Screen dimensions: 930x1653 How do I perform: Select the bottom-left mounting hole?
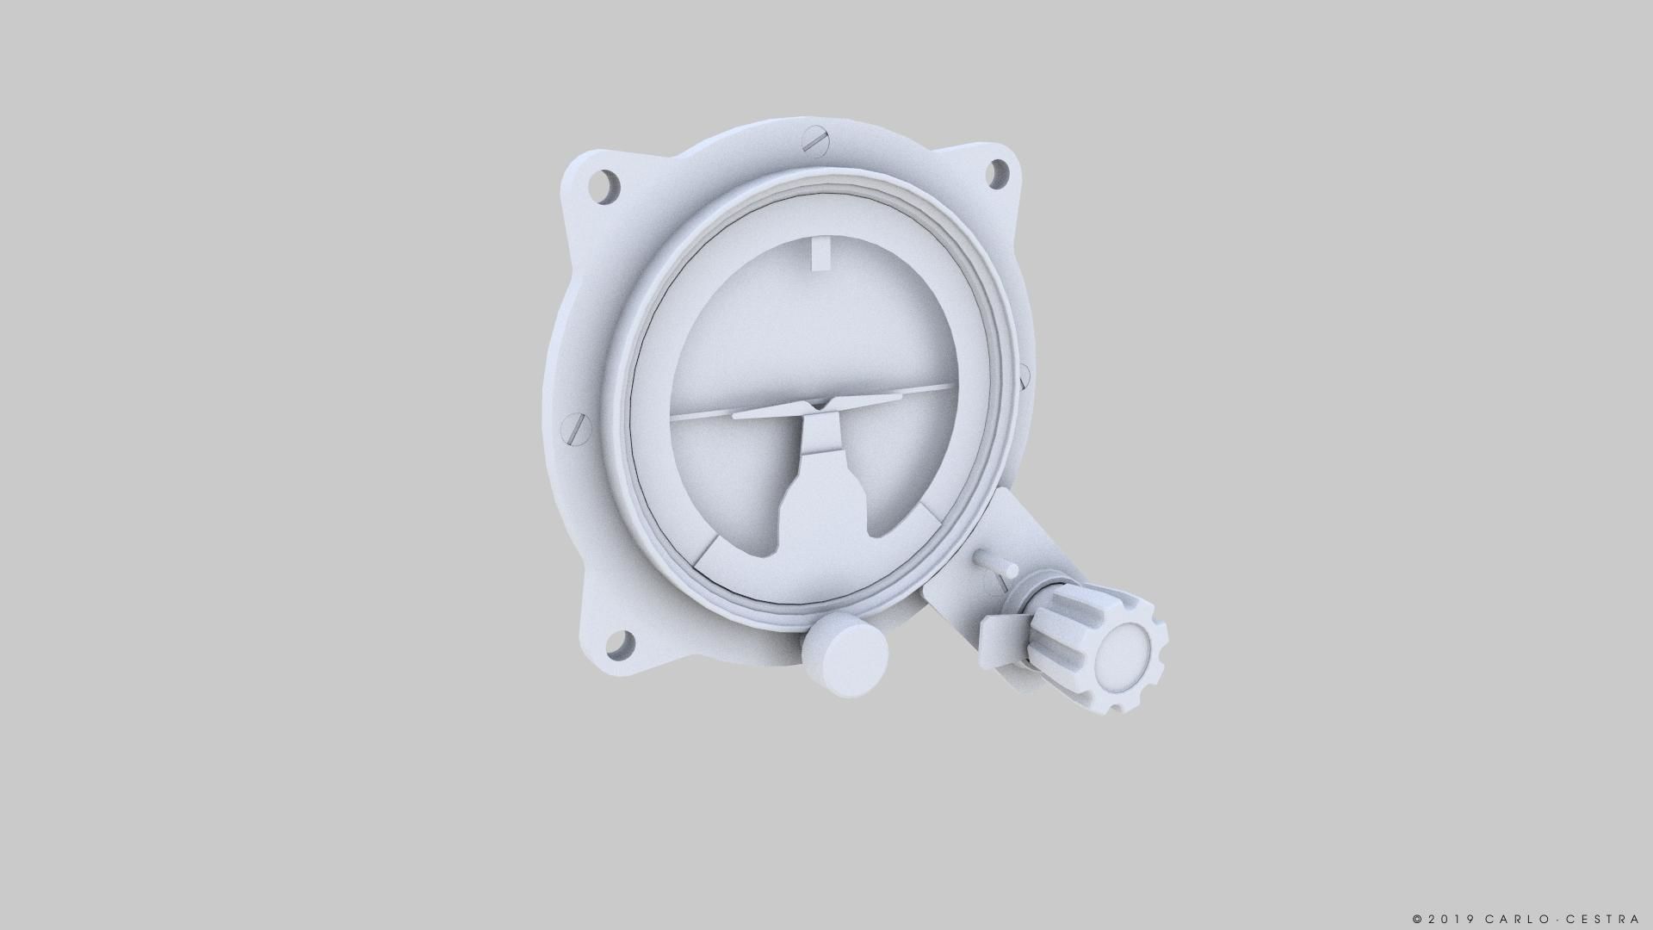click(620, 642)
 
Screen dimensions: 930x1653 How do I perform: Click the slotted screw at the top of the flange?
click(814, 139)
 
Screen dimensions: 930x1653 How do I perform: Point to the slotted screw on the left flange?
click(577, 428)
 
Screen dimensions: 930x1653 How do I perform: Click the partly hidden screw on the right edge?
click(1024, 375)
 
